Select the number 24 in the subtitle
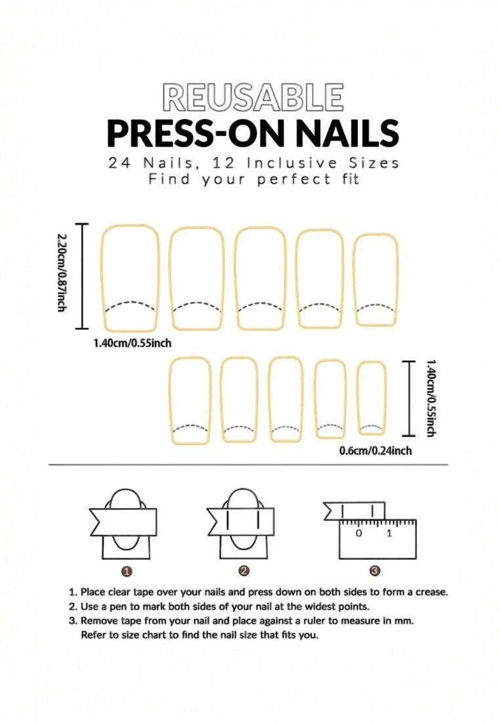click(119, 163)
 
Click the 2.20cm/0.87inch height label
click(61, 276)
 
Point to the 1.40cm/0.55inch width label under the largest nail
click(133, 342)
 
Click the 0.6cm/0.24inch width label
click(375, 451)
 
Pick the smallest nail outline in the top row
click(376, 280)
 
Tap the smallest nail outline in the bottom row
click(371, 397)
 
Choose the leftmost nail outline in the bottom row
click(190, 400)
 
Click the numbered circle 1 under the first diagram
click(127, 571)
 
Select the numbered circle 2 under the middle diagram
click(244, 571)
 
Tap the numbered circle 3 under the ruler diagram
click(375, 571)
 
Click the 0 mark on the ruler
click(359, 533)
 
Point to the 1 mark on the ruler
click(389, 533)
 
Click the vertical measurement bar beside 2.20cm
click(83, 276)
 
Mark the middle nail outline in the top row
click(260, 278)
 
